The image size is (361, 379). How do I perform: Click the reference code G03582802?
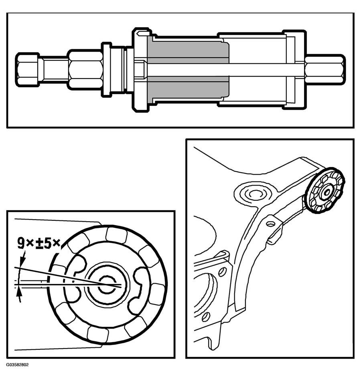(x=17, y=365)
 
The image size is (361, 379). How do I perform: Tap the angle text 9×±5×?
(x=39, y=244)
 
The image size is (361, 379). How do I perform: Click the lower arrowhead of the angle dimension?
(x=20, y=293)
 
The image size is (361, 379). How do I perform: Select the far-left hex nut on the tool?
(x=27, y=70)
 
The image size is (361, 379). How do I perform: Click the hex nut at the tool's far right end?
(x=325, y=70)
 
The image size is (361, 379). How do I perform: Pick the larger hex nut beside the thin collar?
(x=85, y=69)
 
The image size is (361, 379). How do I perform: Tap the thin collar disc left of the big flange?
(x=106, y=70)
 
